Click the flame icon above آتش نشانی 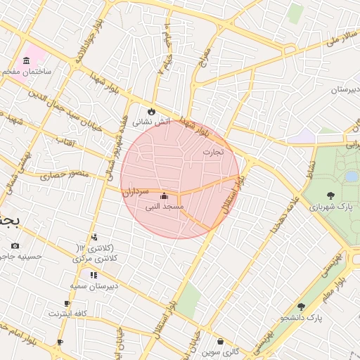tap(151, 111)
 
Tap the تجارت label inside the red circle tap(212, 152)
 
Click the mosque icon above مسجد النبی tap(164, 196)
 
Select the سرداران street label tap(136, 191)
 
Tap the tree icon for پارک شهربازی tap(330, 195)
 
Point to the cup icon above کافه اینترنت tap(67, 303)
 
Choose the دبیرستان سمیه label tap(92, 286)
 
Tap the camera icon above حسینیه tap(15, 245)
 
